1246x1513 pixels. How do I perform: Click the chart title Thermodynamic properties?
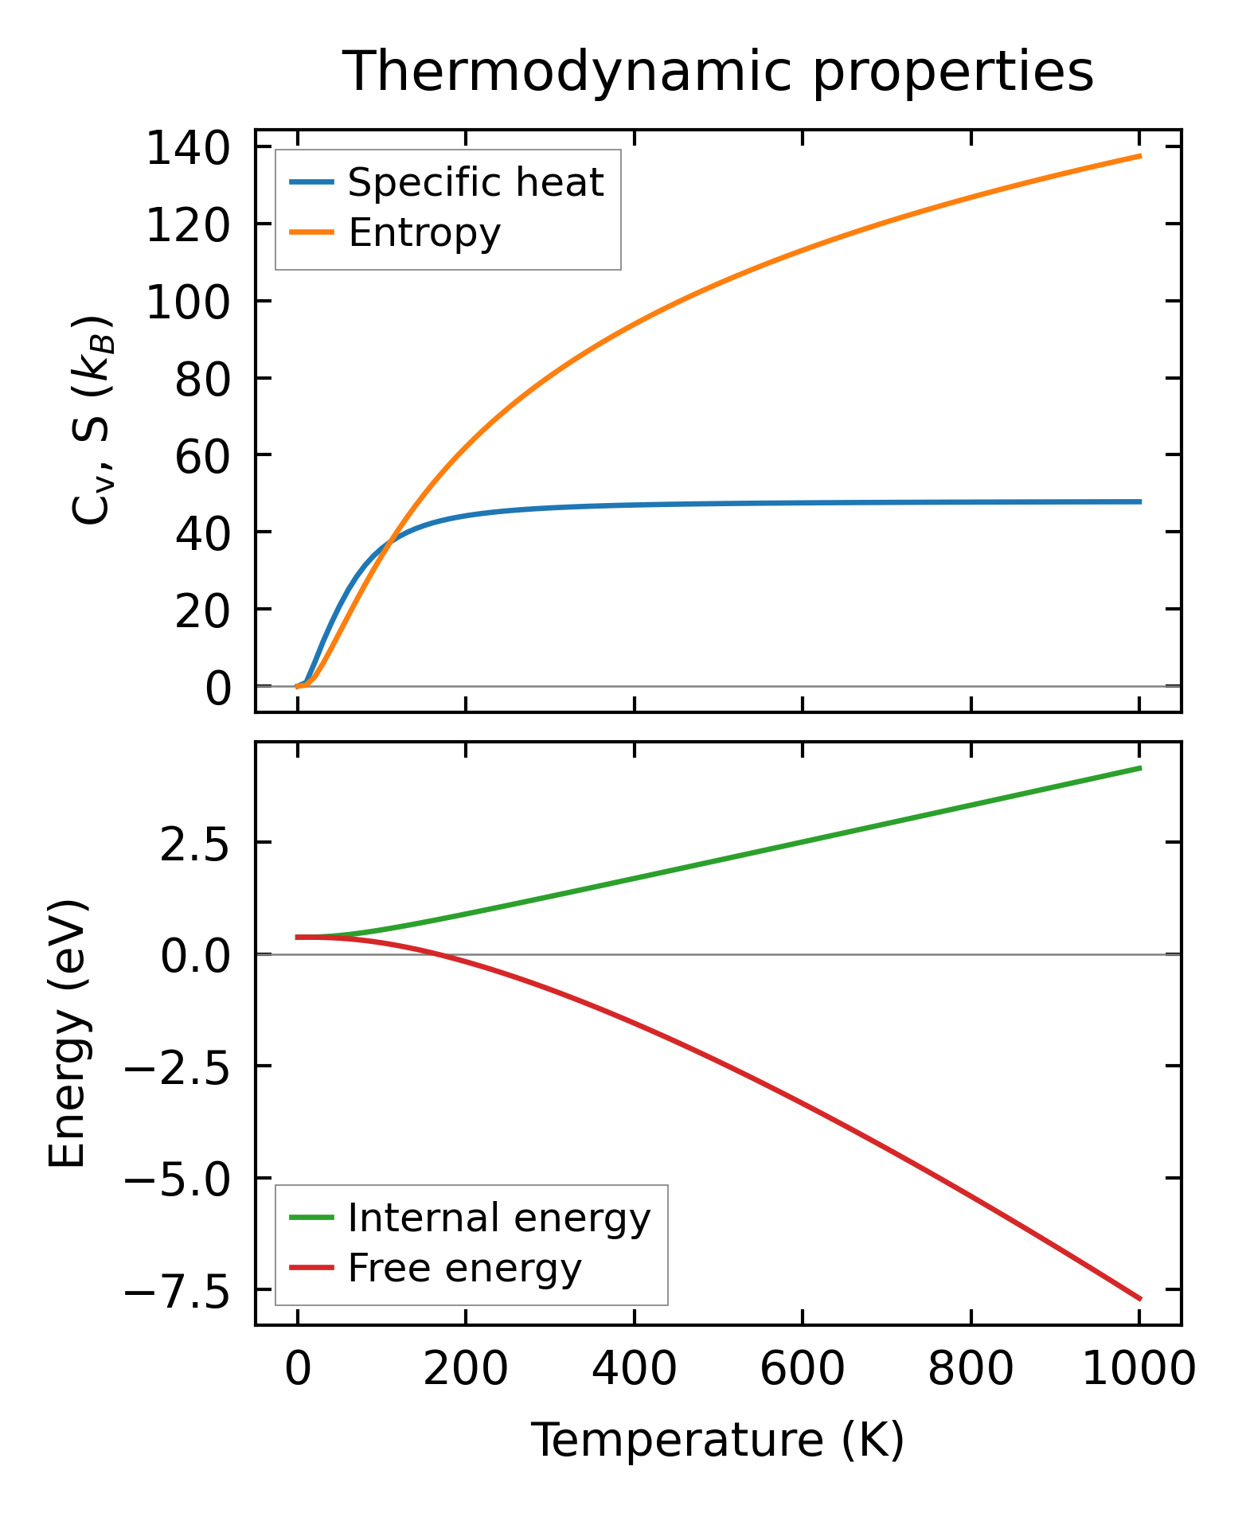click(717, 72)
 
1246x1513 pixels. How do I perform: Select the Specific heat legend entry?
click(475, 183)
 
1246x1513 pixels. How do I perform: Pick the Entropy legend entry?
click(424, 233)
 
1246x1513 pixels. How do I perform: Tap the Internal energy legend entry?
click(499, 1218)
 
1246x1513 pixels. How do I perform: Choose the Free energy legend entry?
click(465, 1268)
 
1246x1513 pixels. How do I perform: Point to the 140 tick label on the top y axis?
click(188, 149)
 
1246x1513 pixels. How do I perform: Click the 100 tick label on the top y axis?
click(188, 302)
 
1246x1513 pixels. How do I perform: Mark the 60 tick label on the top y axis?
click(202, 456)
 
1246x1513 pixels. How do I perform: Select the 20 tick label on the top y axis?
click(202, 610)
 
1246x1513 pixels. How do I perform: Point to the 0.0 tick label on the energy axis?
click(195, 954)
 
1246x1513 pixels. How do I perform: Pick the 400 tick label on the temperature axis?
click(635, 1369)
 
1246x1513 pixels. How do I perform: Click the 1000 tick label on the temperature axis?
click(1139, 1369)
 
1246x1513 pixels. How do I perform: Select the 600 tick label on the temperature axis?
click(803, 1369)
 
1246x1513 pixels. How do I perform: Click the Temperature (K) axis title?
click(717, 1440)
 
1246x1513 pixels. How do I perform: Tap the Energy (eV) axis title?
click(68, 1034)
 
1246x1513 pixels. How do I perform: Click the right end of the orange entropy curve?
click(1140, 156)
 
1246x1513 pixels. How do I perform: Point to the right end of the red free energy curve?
click(1140, 1299)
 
